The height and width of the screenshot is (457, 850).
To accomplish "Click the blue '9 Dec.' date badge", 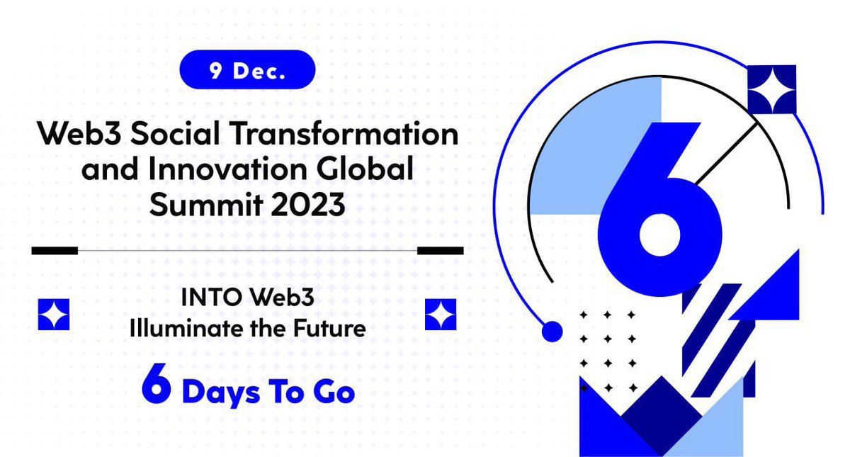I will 247,69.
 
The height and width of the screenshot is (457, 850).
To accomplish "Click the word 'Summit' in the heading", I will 193,205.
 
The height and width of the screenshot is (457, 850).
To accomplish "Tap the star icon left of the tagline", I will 54,314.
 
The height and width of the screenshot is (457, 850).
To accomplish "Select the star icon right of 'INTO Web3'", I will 441,314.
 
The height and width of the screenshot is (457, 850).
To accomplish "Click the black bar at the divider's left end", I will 55,250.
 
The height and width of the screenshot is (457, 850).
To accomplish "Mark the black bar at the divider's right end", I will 440,250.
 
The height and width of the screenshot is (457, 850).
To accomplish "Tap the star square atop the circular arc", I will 772,89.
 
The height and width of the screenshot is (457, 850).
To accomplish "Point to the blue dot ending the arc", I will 551,331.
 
